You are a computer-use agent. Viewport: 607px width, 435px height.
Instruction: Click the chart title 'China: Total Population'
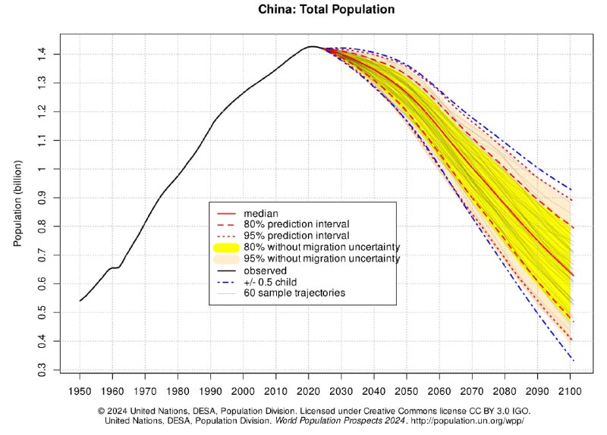coord(303,10)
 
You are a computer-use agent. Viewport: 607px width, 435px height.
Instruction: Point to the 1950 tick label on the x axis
coord(80,390)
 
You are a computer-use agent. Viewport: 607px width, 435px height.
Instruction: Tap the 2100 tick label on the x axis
coord(570,390)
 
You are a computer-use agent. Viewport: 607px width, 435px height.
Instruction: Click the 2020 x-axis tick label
coord(309,390)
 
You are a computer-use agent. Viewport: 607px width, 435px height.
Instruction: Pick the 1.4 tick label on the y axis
coord(51,54)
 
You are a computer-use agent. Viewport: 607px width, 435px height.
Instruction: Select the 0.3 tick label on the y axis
coord(51,370)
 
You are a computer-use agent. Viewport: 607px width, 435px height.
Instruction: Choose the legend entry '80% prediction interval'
coord(296,224)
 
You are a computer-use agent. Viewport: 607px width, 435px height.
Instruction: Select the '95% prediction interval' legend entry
coord(296,236)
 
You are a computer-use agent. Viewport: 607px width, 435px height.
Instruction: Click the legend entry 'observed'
coord(265,270)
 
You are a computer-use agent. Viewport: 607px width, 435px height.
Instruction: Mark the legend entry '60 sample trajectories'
coord(295,293)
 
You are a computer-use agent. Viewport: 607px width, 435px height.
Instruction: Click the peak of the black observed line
coord(312,47)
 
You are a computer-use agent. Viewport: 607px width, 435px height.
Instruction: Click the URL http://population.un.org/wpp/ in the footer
coord(467,420)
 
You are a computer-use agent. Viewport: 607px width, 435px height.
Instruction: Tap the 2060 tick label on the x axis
coord(439,390)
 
